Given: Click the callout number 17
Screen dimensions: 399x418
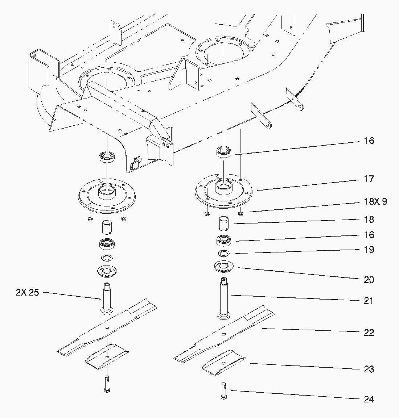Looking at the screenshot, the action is pyautogui.click(x=369, y=179).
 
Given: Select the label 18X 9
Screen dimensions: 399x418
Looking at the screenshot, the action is pyautogui.click(x=375, y=201).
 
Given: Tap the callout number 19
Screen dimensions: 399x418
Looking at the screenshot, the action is pyautogui.click(x=369, y=250).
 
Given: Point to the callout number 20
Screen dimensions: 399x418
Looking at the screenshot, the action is pyautogui.click(x=369, y=280).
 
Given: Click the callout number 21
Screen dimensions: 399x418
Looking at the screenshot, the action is pyautogui.click(x=369, y=300).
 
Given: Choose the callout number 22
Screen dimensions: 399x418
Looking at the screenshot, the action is pyautogui.click(x=369, y=333).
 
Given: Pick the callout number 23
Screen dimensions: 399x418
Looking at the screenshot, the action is pyautogui.click(x=369, y=369).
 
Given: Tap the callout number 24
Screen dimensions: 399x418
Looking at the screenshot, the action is pyautogui.click(x=369, y=399).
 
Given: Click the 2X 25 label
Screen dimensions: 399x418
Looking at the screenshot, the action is pyautogui.click(x=27, y=292).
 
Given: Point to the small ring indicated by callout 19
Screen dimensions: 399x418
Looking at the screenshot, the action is pyautogui.click(x=224, y=253).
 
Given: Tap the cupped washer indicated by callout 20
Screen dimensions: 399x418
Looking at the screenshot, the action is pyautogui.click(x=224, y=266).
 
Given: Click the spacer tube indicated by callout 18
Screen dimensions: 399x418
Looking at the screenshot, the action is pyautogui.click(x=224, y=223).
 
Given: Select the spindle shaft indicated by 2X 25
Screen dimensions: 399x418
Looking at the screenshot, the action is pyautogui.click(x=107, y=298).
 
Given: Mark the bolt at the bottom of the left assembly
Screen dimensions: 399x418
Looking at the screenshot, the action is pyautogui.click(x=107, y=384).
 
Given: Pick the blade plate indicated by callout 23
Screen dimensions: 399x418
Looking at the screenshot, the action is pyautogui.click(x=224, y=363).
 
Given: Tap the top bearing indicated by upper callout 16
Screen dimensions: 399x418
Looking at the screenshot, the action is pyautogui.click(x=224, y=152).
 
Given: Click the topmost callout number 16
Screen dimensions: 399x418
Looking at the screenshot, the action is pyautogui.click(x=369, y=141).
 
